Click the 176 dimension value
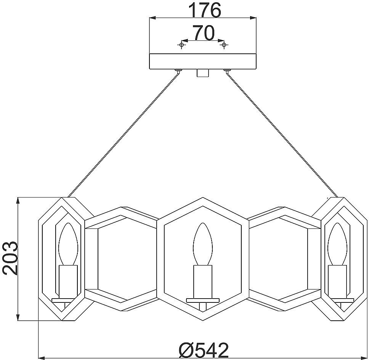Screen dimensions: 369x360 (205, 10)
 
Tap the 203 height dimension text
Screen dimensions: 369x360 (11, 258)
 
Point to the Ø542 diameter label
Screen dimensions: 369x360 (204, 350)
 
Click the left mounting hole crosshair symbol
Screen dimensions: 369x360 (181, 45)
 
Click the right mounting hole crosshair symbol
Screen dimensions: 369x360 (224, 45)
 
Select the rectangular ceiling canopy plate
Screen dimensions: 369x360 (203, 62)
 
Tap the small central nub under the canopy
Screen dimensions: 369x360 (203, 73)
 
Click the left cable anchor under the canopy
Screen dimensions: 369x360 (178, 71)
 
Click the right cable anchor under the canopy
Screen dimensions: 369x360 (227, 71)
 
